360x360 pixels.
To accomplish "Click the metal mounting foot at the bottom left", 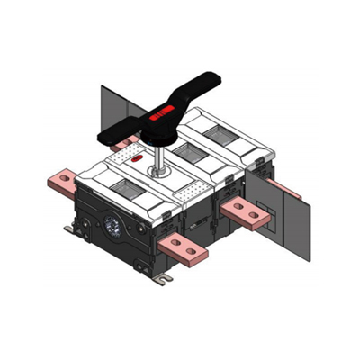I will click(71, 232).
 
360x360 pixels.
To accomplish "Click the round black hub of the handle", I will click(157, 132).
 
